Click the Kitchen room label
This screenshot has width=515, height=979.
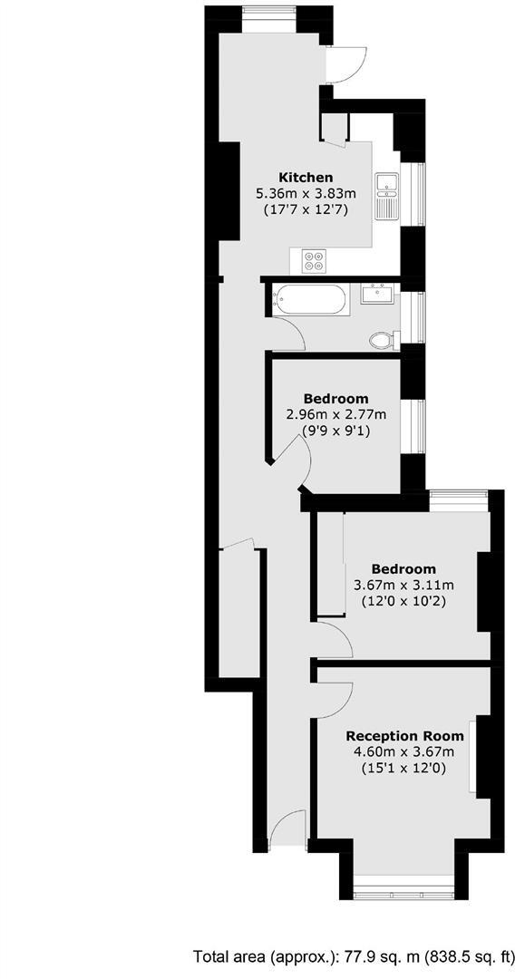[306, 177]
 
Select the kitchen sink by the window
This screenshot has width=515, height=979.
[387, 194]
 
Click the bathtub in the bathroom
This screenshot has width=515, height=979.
[309, 299]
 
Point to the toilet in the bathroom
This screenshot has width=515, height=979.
[384, 340]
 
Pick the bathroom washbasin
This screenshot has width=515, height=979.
[375, 293]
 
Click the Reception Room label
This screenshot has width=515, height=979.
[404, 735]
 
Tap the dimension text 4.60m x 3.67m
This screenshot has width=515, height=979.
[405, 751]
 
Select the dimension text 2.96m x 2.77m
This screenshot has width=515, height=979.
[335, 414]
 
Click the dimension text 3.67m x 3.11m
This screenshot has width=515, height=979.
[403, 585]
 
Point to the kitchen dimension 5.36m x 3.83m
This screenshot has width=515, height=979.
[306, 193]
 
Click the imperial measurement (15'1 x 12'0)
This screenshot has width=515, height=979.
[405, 769]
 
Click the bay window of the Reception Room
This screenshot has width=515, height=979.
[403, 878]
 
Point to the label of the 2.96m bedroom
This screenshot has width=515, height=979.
[335, 398]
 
